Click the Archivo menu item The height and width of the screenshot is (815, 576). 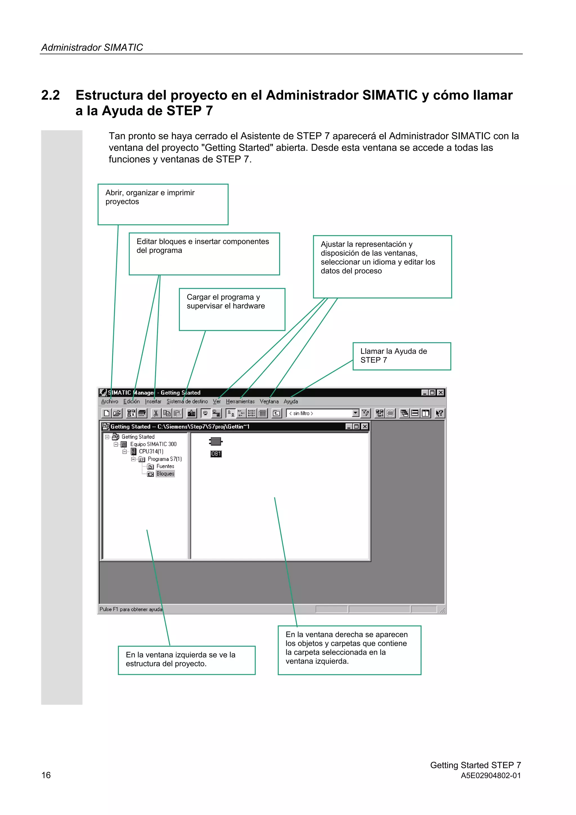[x=109, y=401]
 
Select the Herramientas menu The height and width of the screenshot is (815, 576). [x=240, y=401]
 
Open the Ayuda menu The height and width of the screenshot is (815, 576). [x=291, y=401]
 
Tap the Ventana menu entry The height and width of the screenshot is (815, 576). [x=269, y=401]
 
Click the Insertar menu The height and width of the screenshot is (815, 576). [x=153, y=401]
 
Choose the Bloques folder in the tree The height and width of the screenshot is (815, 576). [x=165, y=474]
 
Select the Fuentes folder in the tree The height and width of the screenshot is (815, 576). [x=165, y=466]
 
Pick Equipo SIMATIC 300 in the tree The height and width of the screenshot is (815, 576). [x=153, y=444]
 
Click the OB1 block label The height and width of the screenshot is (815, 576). [x=216, y=454]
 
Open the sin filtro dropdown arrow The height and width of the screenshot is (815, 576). [x=355, y=413]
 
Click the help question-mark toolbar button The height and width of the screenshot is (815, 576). [x=439, y=413]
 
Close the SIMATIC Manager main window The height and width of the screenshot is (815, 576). [x=440, y=393]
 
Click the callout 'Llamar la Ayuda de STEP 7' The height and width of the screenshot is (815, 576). [x=401, y=356]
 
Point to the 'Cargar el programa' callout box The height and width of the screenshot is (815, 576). [x=232, y=309]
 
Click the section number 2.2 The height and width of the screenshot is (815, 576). [x=50, y=95]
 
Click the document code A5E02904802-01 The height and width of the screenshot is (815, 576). [x=490, y=776]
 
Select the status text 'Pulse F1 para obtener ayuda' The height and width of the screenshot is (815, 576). [x=130, y=609]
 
